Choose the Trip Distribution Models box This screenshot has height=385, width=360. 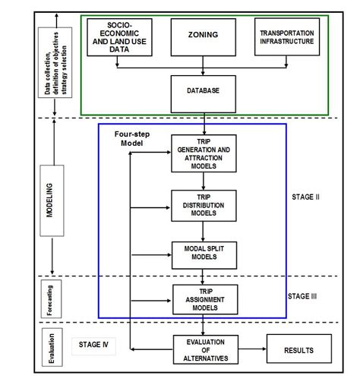click(204, 207)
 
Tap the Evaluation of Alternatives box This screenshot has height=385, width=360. click(204, 350)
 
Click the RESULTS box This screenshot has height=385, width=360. click(298, 350)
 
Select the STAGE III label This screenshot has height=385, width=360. click(308, 295)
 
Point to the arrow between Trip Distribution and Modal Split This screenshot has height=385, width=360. click(204, 231)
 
